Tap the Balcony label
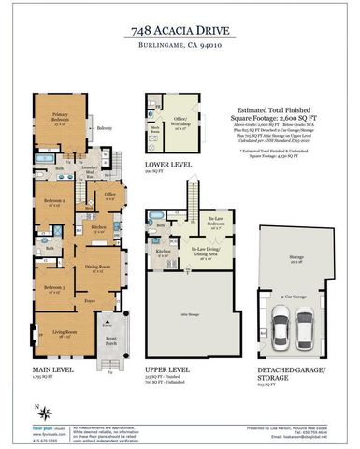point(105,127)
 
